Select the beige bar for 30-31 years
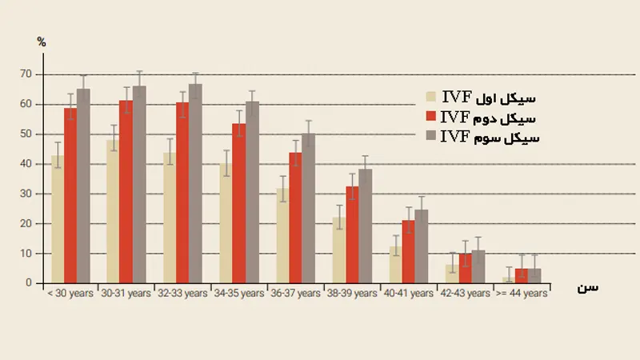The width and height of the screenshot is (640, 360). (113, 212)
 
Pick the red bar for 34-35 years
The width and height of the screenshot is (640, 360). (238, 203)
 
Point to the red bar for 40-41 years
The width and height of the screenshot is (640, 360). (408, 252)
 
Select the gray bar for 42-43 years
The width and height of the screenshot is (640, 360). (478, 267)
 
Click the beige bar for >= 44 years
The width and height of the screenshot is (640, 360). (508, 280)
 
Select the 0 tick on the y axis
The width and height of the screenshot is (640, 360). (28, 283)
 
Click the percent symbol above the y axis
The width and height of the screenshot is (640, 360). (42, 42)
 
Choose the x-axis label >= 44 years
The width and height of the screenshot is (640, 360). (522, 294)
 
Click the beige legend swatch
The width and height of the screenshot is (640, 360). (431, 97)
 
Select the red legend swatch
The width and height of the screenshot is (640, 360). (431, 117)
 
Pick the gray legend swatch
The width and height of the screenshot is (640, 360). (431, 136)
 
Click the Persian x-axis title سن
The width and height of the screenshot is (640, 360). (588, 286)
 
